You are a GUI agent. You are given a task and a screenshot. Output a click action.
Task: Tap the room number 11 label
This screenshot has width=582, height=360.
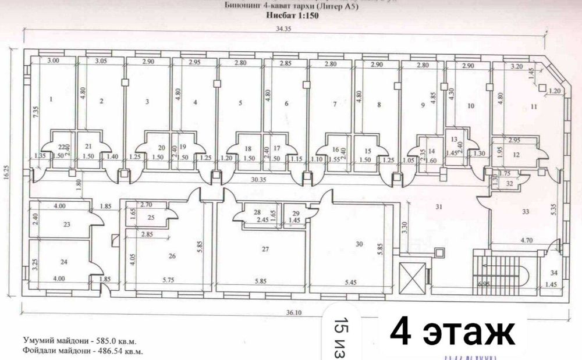[x=534, y=106]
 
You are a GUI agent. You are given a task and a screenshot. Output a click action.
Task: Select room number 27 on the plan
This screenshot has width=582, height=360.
[x=265, y=249]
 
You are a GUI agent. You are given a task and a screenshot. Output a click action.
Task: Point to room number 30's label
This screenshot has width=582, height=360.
[x=359, y=244]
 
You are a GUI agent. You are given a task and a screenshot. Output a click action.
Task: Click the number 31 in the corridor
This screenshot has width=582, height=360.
[x=439, y=206]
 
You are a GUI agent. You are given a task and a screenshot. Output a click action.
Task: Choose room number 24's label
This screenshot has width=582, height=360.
[x=64, y=262]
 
